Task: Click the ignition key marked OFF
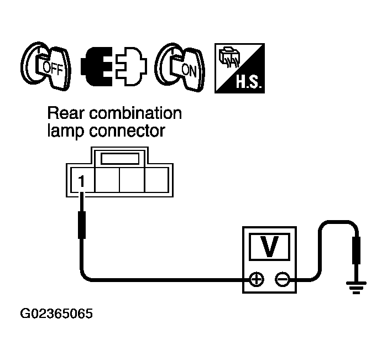(46, 66)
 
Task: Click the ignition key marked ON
(180, 67)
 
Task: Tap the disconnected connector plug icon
(114, 66)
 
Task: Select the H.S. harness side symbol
(239, 68)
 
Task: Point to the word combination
(135, 113)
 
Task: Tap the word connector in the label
(127, 132)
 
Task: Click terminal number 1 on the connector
(81, 181)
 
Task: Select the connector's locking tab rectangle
(120, 159)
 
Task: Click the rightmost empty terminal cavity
(156, 180)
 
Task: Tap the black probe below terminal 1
(82, 225)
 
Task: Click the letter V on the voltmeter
(270, 247)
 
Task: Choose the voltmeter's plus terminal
(256, 280)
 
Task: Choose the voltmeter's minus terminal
(283, 280)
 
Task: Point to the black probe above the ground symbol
(356, 251)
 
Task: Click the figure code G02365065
(56, 314)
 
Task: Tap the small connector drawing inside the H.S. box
(229, 58)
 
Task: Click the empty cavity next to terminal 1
(107, 180)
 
